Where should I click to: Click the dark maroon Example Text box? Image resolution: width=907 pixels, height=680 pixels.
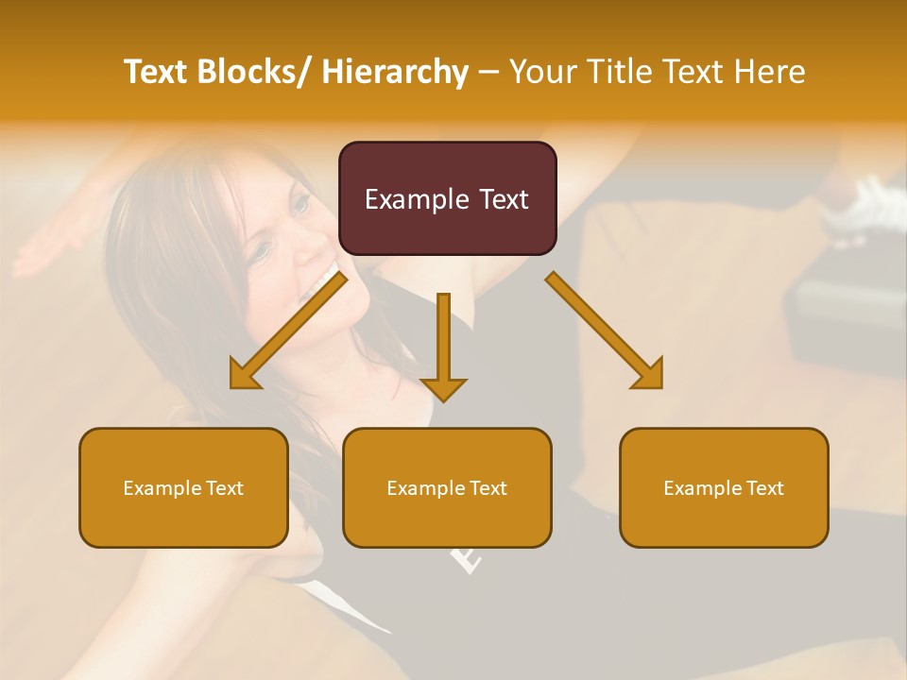pos(447,198)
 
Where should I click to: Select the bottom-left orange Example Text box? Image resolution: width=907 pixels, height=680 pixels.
pos(183,487)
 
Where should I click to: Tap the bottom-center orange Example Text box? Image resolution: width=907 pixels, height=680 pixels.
pos(447,487)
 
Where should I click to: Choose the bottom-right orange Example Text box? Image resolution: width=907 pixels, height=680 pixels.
pos(724,487)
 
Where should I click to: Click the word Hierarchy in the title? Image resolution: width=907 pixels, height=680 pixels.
pos(395,72)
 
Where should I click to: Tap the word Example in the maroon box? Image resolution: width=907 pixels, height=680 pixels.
pos(417,199)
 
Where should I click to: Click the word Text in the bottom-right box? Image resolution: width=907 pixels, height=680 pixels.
pos(763,487)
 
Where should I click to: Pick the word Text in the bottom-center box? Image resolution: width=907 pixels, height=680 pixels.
pos(487,487)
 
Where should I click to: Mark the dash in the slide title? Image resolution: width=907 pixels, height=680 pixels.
pos(488,73)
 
